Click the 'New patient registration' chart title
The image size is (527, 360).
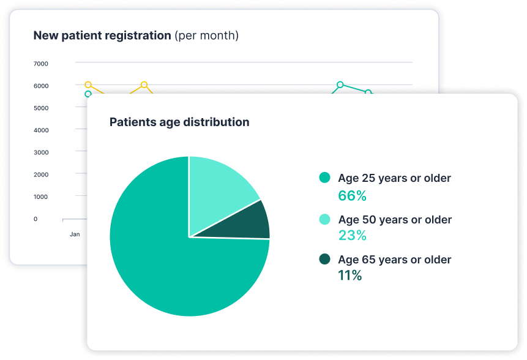coord(102,36)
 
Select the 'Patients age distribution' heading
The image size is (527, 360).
coord(179,122)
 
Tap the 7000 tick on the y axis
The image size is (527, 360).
coord(40,64)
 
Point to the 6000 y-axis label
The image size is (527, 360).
coord(41,86)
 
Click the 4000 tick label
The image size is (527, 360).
coord(41,130)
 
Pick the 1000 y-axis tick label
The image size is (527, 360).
coord(40,197)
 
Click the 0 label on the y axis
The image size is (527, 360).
coord(36,219)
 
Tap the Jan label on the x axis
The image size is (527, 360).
coord(75,234)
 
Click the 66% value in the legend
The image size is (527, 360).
coord(352,196)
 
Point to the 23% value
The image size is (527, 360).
coord(352,235)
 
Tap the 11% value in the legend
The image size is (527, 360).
coord(350,276)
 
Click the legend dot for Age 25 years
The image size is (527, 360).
coord(324,178)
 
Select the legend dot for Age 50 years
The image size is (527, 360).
coord(324,219)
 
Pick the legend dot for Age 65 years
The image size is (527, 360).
coord(324,259)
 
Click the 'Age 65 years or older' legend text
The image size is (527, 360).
coord(395,260)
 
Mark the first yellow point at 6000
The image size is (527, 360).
coord(88,84)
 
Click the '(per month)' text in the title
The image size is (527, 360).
coord(206,36)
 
